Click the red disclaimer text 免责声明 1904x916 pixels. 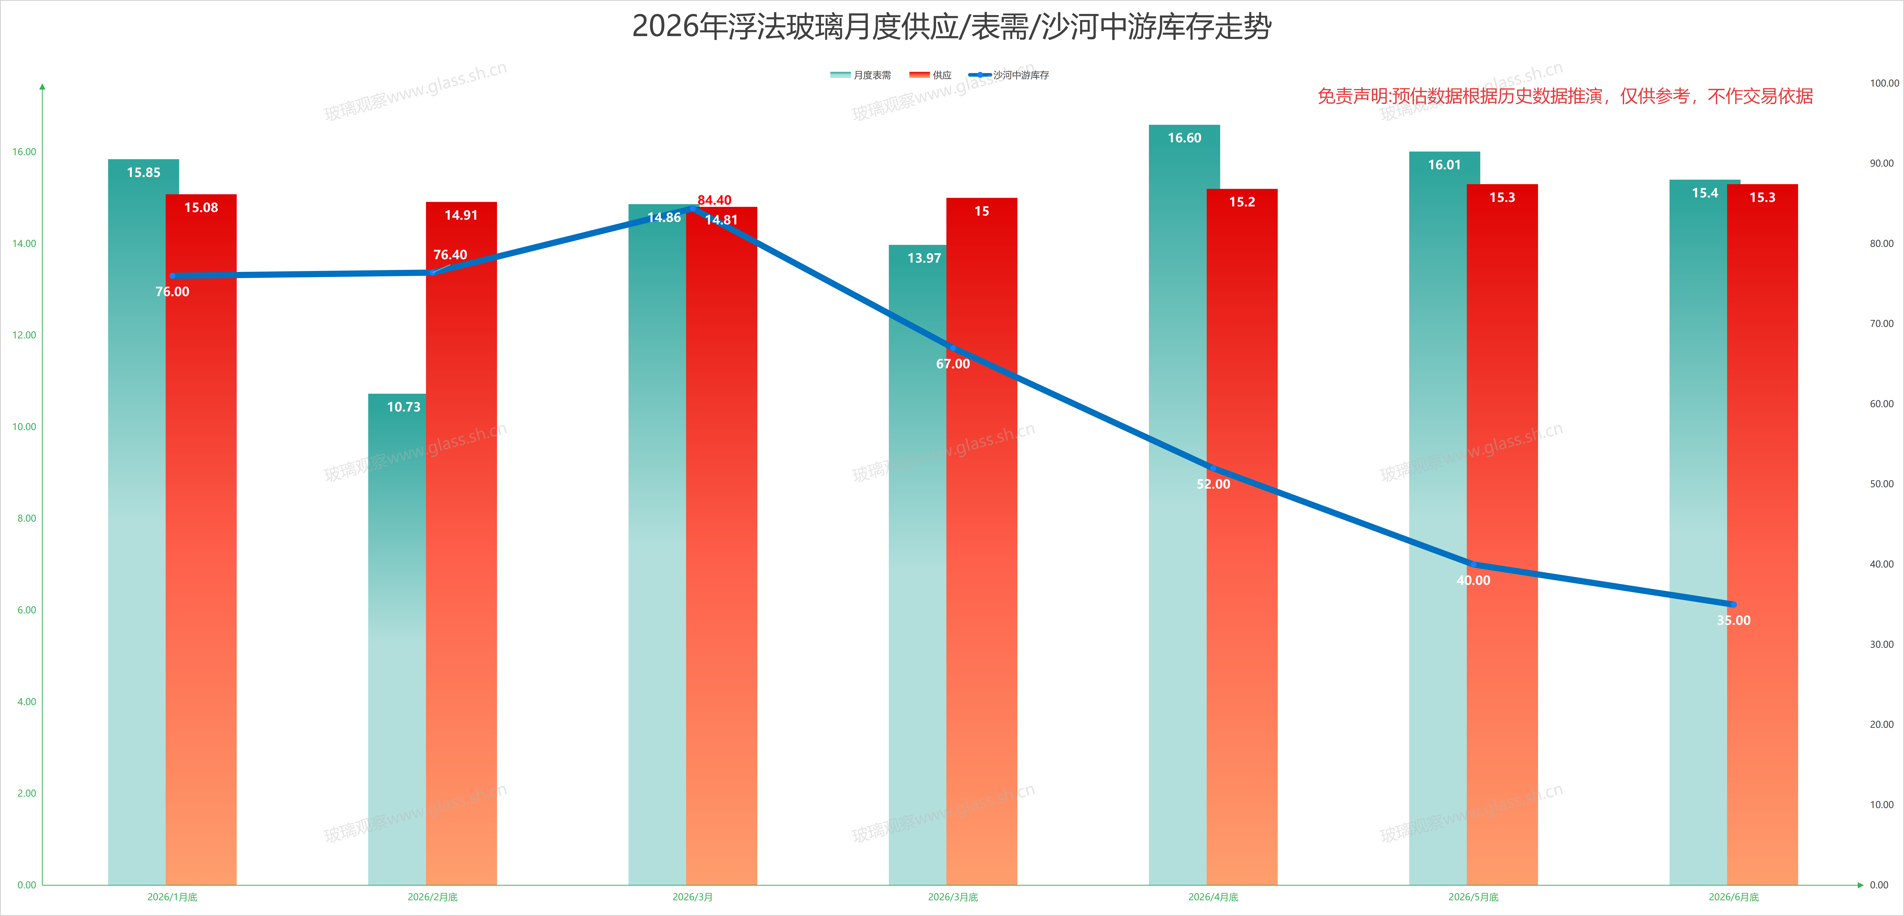(x=1565, y=96)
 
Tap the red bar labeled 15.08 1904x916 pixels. (x=201, y=540)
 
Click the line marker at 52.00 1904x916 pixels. (x=1213, y=468)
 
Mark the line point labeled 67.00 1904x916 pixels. (x=953, y=348)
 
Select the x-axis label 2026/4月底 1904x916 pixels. (x=1213, y=897)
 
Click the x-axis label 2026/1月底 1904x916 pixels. (x=172, y=897)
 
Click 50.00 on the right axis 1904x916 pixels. (x=1882, y=484)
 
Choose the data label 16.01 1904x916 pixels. (x=1444, y=165)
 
